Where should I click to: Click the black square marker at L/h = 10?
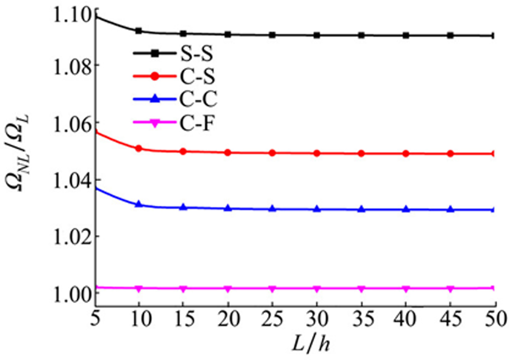coord(139,31)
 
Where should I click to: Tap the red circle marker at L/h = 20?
coord(228,153)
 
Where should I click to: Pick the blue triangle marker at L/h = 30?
coord(317,209)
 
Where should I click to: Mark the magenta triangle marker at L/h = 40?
coord(406,289)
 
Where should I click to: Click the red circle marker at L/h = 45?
coord(450,153)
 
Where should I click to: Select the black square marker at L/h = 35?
coord(361,35)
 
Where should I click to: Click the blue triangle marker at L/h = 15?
coord(183,207)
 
